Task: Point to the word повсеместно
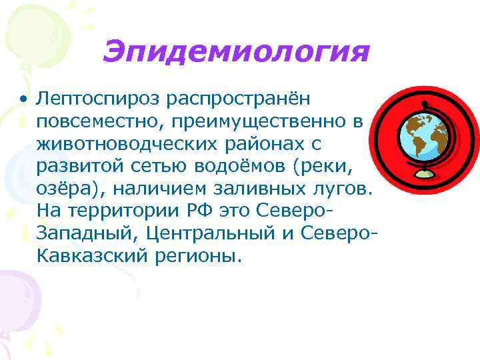[x=99, y=122]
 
